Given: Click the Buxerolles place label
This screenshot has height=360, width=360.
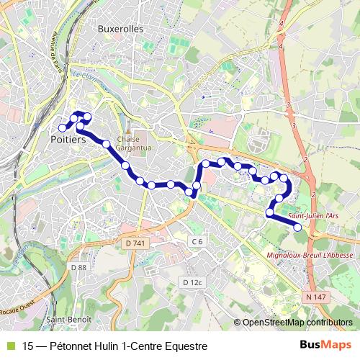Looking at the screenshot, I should coord(120,29).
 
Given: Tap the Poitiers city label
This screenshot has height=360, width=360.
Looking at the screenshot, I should coord(68,140).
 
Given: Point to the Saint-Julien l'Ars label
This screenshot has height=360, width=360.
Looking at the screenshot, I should coord(313,215).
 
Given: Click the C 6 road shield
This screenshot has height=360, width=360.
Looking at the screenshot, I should coord(197,240).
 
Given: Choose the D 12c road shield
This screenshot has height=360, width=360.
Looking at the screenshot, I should coord(192,282).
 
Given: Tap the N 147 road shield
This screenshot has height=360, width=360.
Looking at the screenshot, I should coord(314,297).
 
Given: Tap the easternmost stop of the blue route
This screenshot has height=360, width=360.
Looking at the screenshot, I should coord(298,228).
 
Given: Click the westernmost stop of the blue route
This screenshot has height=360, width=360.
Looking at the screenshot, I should coord(63,128).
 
